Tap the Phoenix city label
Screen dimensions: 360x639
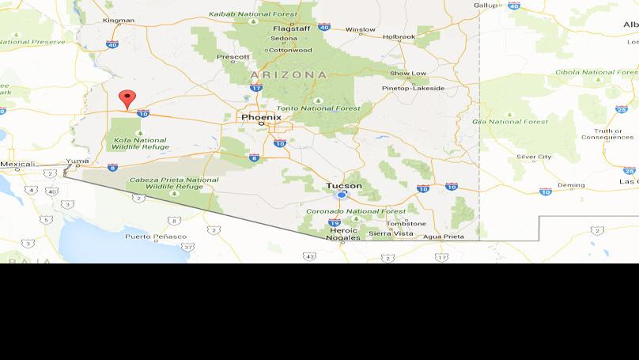tap(261, 116)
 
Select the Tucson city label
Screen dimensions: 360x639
tap(344, 186)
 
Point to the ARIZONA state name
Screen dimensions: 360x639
tap(288, 74)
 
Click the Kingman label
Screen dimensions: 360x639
tap(119, 20)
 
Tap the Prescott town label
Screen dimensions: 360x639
tap(233, 57)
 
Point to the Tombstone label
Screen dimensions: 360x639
tap(406, 223)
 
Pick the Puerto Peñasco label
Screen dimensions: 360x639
tap(155, 237)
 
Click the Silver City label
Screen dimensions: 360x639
tap(534, 157)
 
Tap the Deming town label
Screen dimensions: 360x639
tap(571, 185)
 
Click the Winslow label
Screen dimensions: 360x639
tap(361, 30)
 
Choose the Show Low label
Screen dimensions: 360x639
tap(408, 74)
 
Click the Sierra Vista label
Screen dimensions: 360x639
tap(391, 233)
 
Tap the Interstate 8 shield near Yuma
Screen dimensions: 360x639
tap(112, 167)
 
